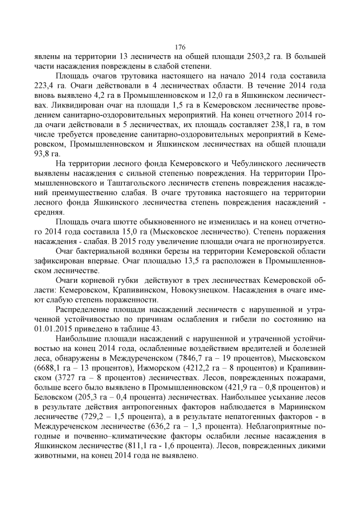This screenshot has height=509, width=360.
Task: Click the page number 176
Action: pos(180,47)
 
